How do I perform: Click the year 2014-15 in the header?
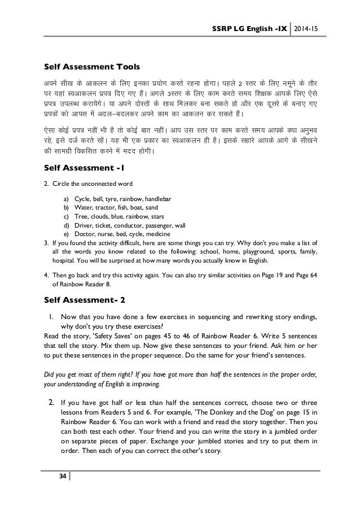[306, 28]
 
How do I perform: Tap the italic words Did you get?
[60, 374]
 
